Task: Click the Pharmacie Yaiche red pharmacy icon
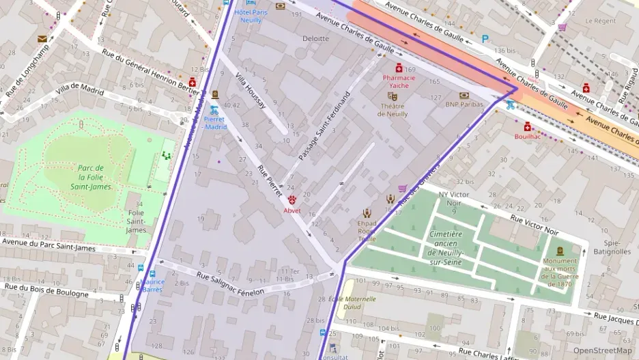click(x=399, y=68)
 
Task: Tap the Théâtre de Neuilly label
click(x=392, y=109)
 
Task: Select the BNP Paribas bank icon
click(x=464, y=96)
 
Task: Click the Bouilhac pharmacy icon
click(x=527, y=126)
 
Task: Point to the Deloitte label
click(x=315, y=39)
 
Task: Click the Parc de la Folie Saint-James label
click(x=90, y=177)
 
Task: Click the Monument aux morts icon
click(x=560, y=251)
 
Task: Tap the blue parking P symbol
click(x=485, y=39)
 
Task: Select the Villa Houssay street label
click(x=250, y=91)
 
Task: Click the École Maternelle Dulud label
click(x=352, y=303)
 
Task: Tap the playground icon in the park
click(x=167, y=156)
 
